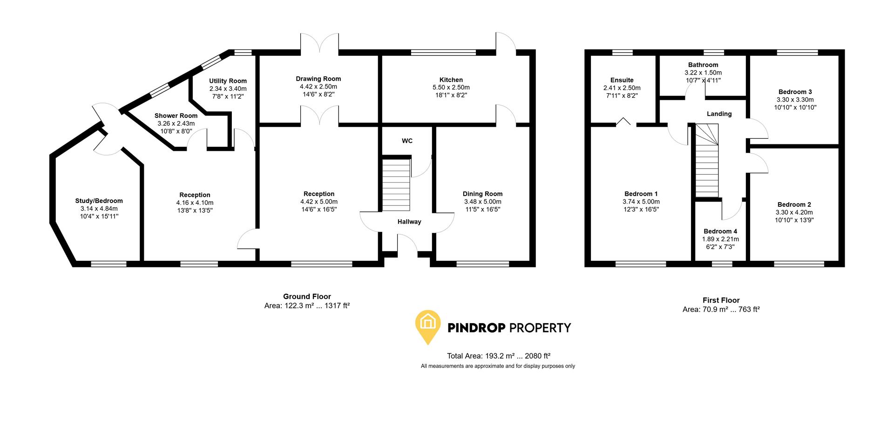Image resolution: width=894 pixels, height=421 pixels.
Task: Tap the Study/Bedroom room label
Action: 99,201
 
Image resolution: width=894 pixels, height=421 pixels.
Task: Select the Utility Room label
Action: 228,81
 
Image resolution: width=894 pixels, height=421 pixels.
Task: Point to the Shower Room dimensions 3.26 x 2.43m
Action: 176,123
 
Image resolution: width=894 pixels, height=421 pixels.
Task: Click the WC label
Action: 407,141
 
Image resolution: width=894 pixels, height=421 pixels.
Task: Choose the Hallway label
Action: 409,222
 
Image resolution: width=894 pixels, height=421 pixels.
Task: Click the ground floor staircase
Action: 396,184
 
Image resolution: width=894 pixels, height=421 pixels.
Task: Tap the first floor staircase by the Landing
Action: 707,161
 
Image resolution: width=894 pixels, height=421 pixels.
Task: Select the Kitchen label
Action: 451,80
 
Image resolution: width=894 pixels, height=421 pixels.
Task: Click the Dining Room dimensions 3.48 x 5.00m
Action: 482,202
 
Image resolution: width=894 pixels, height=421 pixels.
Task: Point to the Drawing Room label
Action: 318,79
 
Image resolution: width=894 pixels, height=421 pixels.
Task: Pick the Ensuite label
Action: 622,80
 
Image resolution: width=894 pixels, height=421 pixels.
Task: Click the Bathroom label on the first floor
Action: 703,65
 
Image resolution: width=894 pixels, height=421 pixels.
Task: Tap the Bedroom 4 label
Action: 720,231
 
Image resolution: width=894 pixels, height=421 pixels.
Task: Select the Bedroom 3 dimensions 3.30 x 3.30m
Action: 795,100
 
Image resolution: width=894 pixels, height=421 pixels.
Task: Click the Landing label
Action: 719,114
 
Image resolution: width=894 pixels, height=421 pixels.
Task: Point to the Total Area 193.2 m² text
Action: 498,356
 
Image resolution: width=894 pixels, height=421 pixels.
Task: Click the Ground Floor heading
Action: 307,296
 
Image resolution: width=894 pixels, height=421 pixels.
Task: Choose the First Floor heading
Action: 721,300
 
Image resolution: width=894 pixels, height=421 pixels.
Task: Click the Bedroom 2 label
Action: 794,204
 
